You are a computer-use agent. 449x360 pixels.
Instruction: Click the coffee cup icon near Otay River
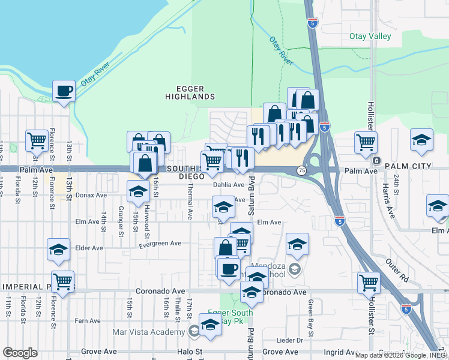(x=63, y=91)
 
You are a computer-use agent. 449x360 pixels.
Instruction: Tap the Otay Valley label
(x=370, y=37)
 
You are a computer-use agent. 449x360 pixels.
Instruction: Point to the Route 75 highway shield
(x=301, y=171)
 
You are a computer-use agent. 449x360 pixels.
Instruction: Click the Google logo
(x=20, y=352)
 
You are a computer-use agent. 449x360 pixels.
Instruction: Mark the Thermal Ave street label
(x=190, y=202)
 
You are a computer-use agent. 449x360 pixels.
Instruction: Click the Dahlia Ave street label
(x=229, y=185)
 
